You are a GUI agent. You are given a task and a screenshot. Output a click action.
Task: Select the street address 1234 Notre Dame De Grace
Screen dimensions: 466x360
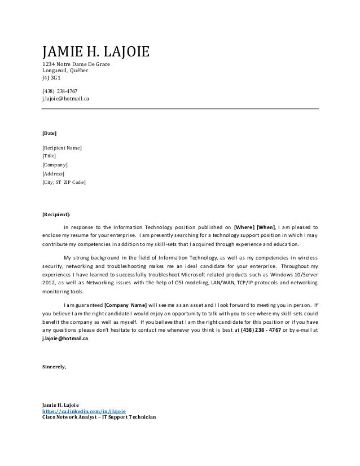pyautogui.click(x=76, y=65)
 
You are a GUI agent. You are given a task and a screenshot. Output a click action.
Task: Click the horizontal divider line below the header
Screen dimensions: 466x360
pyautogui.click(x=181, y=108)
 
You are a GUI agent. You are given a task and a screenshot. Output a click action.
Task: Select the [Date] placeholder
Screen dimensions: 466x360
pyautogui.click(x=50, y=134)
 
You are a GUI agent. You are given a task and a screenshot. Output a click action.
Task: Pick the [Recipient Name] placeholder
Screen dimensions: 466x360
pyautogui.click(x=62, y=148)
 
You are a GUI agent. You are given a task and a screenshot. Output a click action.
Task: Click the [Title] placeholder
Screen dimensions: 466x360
pyautogui.click(x=50, y=156)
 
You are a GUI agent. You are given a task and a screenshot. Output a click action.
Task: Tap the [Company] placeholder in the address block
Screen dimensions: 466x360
pyautogui.click(x=55, y=165)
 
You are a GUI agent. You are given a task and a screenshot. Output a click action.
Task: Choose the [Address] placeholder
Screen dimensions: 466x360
pyautogui.click(x=54, y=174)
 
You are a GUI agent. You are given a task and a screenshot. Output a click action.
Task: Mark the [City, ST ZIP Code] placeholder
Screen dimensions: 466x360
pyautogui.click(x=64, y=182)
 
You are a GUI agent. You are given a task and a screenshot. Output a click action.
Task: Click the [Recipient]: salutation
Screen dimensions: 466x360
pyautogui.click(x=57, y=214)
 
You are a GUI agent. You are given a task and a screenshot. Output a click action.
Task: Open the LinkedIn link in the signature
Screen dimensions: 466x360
pyautogui.click(x=84, y=412)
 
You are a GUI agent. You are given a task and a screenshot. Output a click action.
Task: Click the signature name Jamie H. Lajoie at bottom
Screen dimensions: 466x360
pyautogui.click(x=62, y=405)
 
